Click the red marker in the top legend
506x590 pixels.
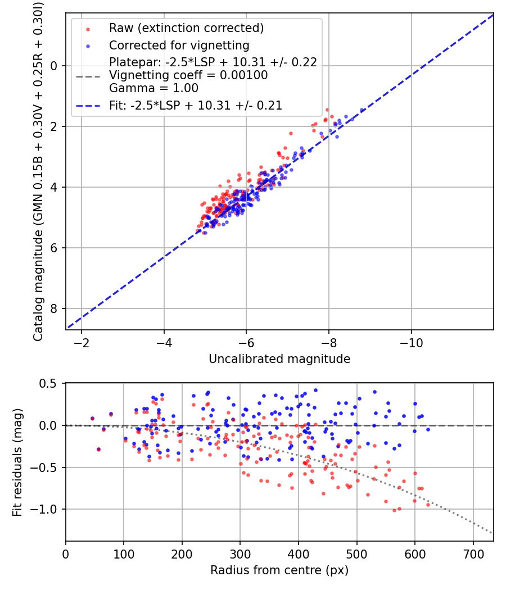87,28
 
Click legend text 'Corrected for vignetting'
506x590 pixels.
179,45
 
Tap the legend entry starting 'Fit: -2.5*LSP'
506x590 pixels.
196,105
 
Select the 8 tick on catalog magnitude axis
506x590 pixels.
55,308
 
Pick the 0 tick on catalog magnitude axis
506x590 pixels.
55,66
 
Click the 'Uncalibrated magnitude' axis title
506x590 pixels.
279,359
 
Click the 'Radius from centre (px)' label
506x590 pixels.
279,570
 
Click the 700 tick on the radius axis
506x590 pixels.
473,553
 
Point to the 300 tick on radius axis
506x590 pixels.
240,553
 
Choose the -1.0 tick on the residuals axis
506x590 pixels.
47,509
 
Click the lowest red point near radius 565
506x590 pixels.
394,510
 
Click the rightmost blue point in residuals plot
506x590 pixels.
428,429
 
